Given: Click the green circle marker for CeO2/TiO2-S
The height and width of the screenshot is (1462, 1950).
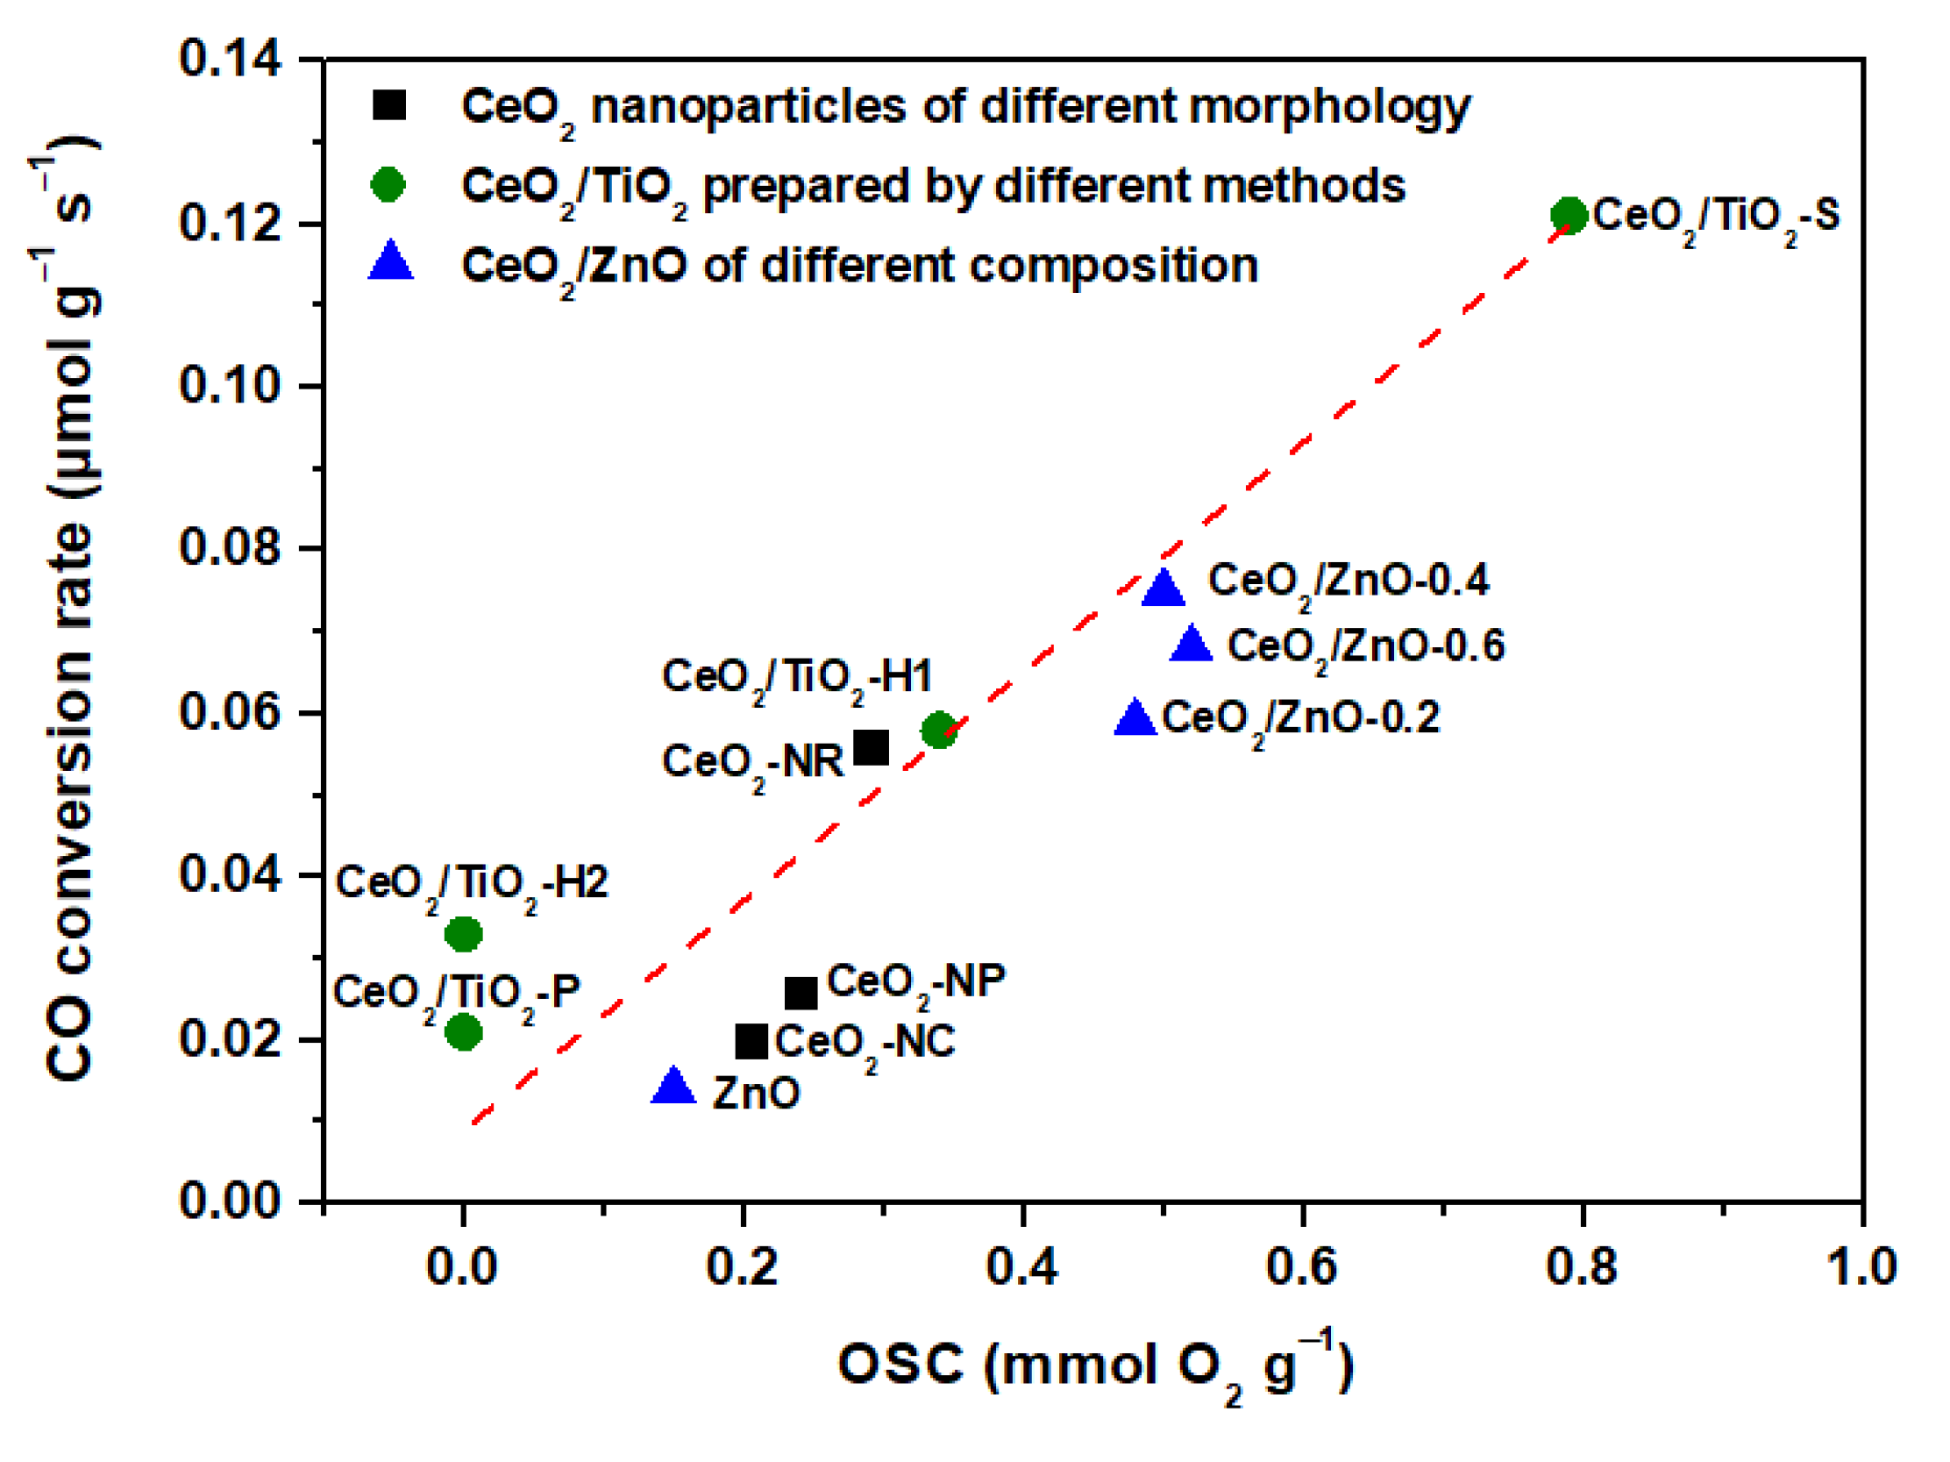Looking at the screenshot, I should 1569,215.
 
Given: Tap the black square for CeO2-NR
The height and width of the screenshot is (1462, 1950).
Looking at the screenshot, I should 871,748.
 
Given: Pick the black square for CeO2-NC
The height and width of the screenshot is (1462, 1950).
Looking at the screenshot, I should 751,1041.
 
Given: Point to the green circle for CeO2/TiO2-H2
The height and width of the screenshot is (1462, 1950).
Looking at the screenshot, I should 464,934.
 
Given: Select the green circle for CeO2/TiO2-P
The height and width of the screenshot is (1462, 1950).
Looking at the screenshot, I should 464,1031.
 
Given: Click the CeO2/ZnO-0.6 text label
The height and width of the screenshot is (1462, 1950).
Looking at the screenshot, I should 1365,647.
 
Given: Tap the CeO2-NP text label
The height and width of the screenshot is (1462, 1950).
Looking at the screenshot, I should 915,982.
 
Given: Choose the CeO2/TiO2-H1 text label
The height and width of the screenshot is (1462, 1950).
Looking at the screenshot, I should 796,679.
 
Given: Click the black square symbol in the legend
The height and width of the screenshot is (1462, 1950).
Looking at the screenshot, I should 388,105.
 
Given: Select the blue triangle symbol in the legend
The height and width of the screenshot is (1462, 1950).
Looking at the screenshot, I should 390,262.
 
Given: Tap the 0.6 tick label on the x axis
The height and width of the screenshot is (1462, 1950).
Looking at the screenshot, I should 1301,1267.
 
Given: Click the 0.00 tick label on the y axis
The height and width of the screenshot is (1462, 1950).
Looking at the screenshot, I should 230,1201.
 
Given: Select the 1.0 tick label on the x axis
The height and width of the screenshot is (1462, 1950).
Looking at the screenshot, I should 1861,1267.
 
